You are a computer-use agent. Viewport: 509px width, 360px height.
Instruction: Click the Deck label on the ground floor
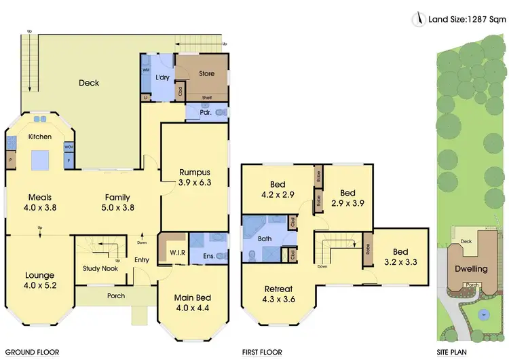point(88,84)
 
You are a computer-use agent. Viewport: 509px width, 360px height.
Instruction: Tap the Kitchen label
point(39,137)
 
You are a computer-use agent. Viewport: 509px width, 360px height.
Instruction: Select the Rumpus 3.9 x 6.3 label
point(195,177)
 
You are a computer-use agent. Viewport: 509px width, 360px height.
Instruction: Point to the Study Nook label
point(101,268)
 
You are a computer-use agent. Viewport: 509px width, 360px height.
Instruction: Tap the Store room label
point(206,73)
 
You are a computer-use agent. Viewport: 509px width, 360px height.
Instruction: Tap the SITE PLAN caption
point(454,353)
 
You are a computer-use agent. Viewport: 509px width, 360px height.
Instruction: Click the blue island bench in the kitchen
point(39,159)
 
